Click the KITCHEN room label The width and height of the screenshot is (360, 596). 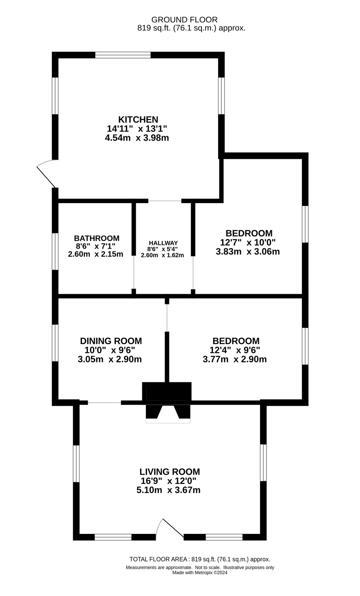click(x=138, y=119)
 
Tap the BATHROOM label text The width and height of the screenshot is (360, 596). click(x=97, y=238)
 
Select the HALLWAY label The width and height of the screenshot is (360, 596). click(x=163, y=243)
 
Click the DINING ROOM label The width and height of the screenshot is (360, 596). click(x=111, y=341)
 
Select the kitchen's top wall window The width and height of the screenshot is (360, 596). click(x=123, y=55)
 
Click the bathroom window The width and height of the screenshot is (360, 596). click(x=55, y=251)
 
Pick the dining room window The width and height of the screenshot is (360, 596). click(x=55, y=343)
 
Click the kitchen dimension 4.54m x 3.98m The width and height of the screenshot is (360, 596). click(x=137, y=138)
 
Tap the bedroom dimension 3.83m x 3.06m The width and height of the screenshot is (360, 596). click(x=248, y=252)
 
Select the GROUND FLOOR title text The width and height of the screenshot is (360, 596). click(x=184, y=20)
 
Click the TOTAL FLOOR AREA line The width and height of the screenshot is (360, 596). click(x=200, y=559)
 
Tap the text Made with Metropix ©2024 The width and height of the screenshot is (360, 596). click(x=200, y=572)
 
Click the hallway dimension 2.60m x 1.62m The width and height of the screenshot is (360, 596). click(x=162, y=255)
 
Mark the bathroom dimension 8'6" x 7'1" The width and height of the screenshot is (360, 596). click(x=95, y=246)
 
